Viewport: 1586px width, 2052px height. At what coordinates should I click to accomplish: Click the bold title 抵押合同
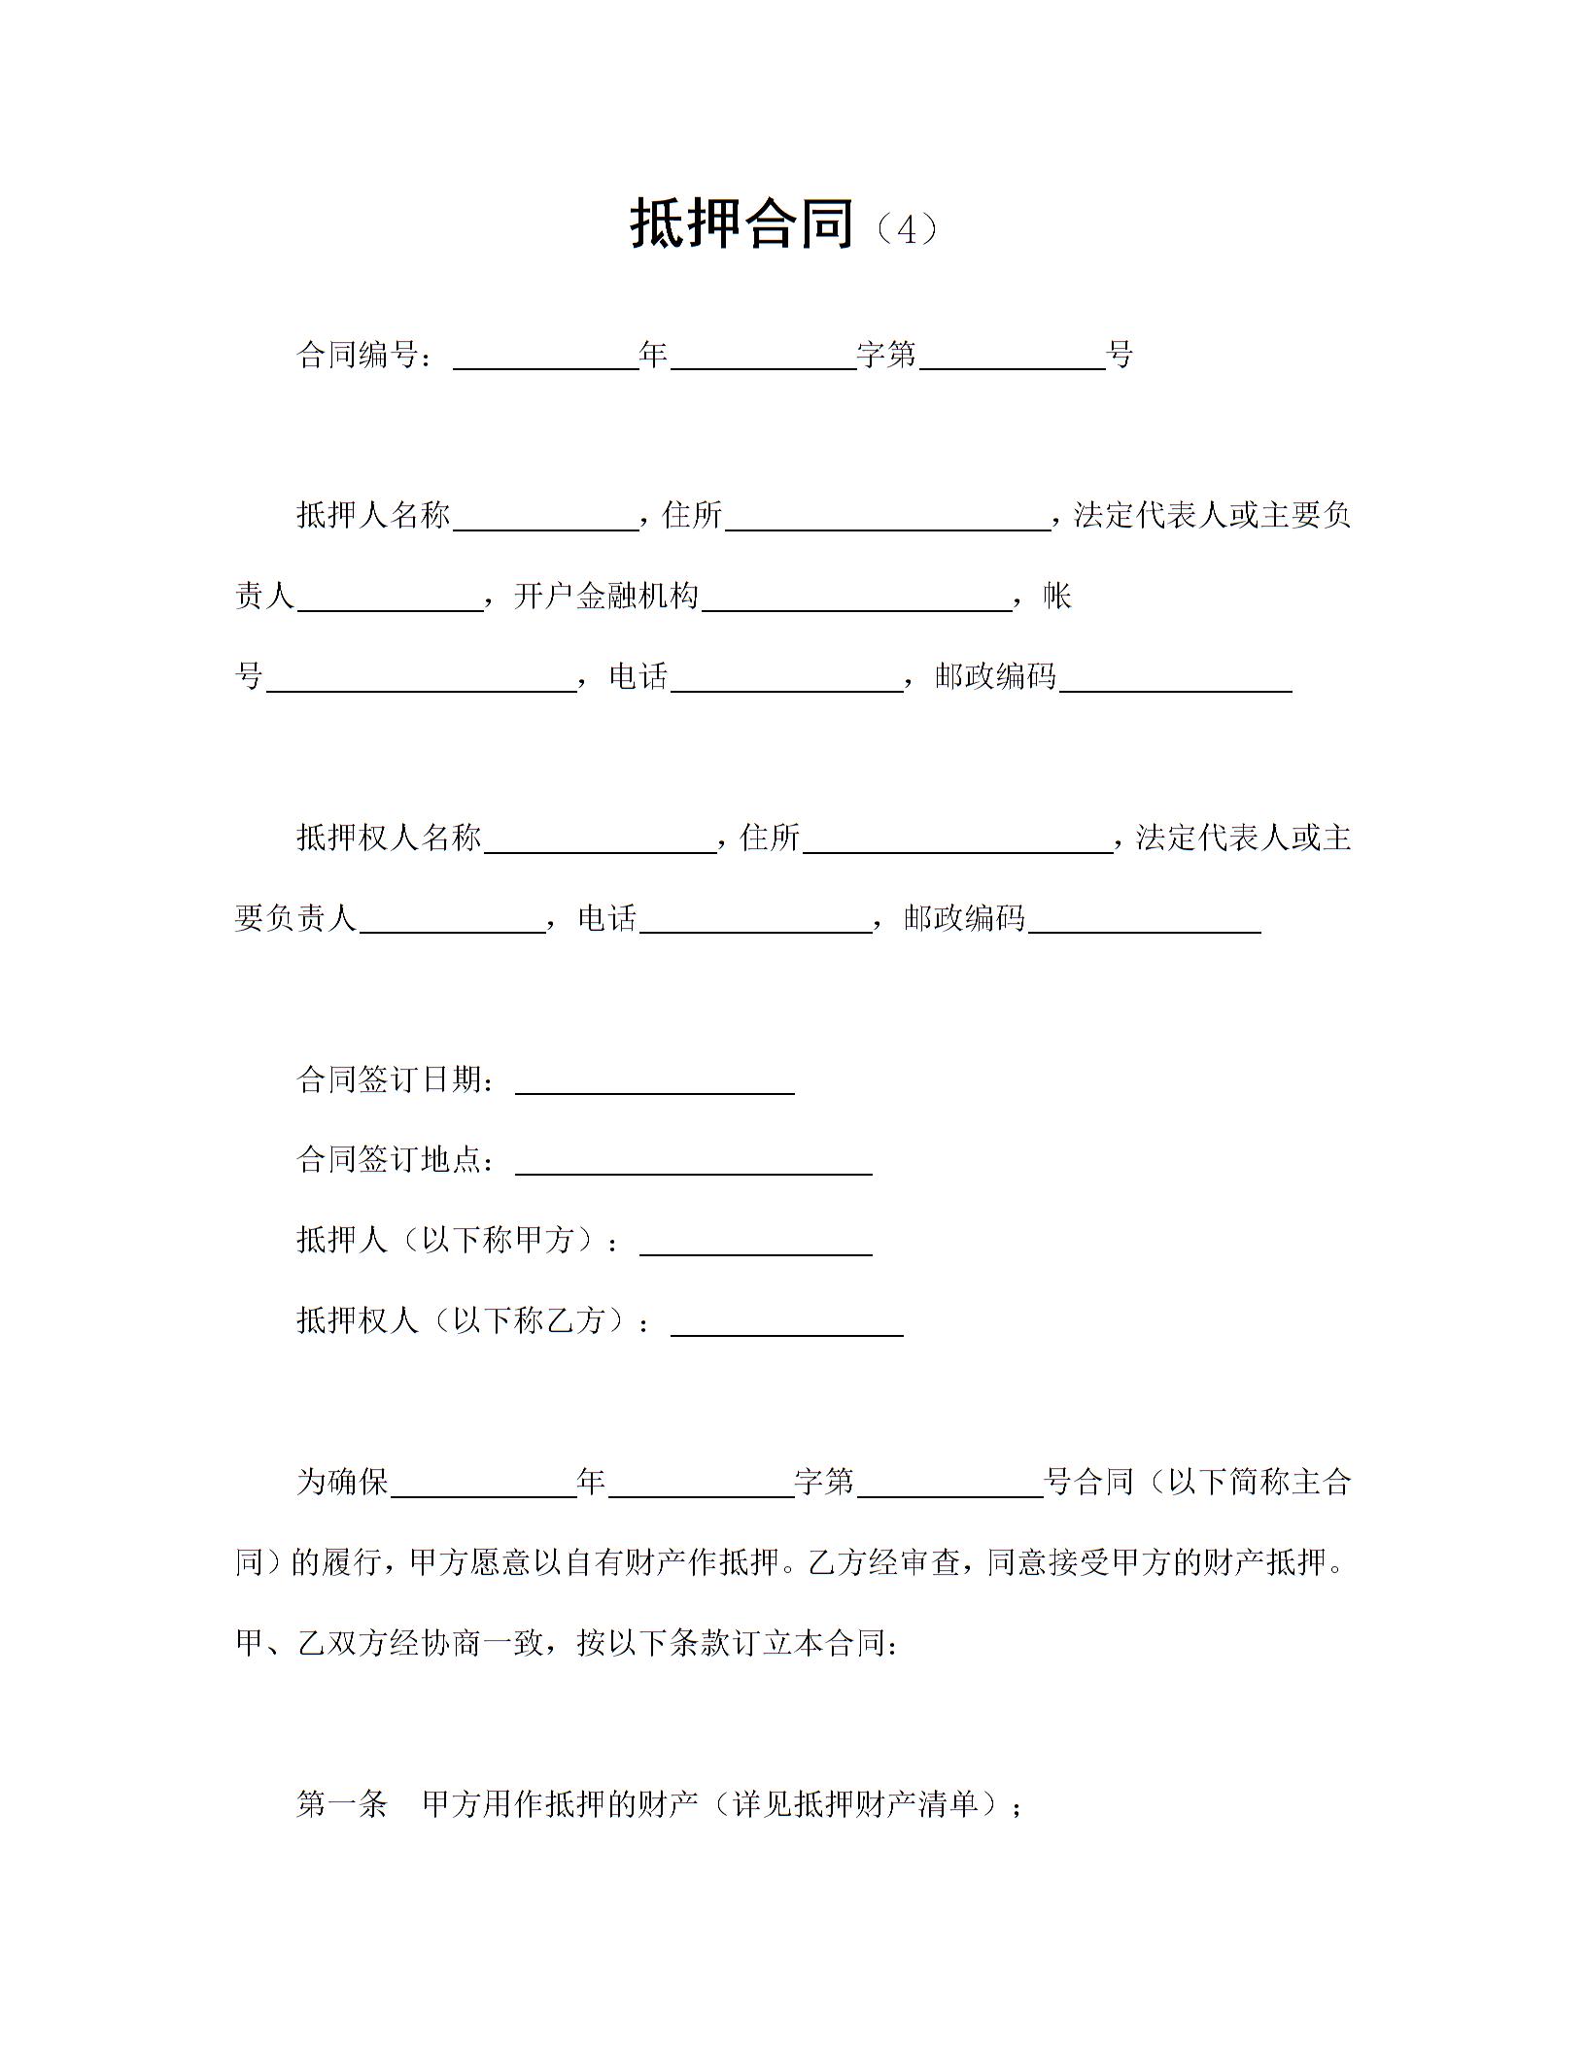[x=742, y=224]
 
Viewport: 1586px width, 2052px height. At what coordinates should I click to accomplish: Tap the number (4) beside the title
[x=905, y=229]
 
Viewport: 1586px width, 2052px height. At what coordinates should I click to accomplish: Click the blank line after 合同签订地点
[x=693, y=1165]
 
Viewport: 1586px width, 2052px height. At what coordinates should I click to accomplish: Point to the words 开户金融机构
[x=605, y=596]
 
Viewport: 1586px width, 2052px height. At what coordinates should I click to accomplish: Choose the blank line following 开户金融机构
[x=856, y=600]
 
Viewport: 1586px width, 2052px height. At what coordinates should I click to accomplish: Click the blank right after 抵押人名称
[x=545, y=521]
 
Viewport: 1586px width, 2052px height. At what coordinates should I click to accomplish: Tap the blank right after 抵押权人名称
[x=600, y=842]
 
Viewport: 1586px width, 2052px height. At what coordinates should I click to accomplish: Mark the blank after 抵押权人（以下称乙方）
[x=786, y=1326]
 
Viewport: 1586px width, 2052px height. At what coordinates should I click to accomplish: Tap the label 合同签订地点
[x=389, y=1159]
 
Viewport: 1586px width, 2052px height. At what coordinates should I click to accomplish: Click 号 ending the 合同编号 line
[x=1121, y=356]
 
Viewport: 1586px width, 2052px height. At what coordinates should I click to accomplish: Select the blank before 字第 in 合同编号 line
[x=763, y=359]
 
